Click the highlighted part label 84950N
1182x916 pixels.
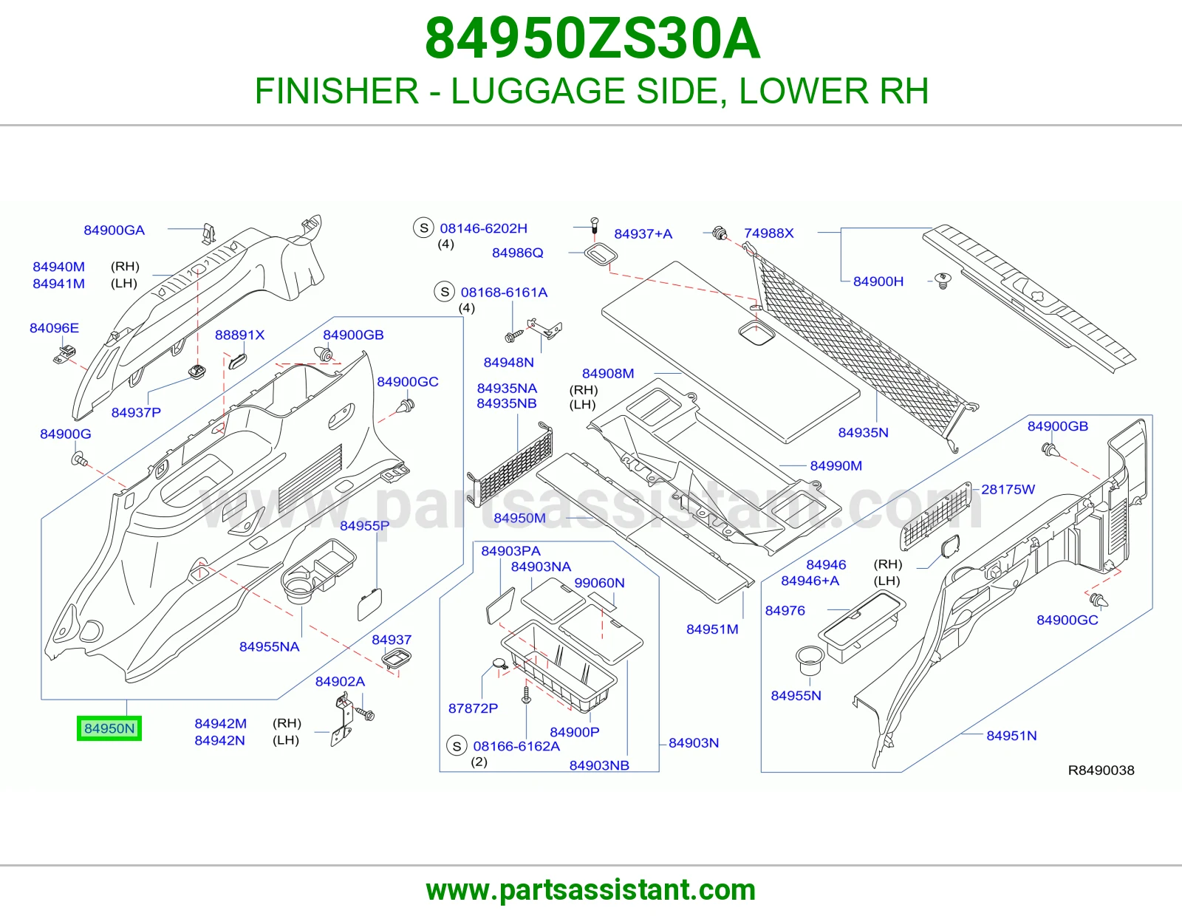pyautogui.click(x=109, y=728)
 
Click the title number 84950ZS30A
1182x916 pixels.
pyautogui.click(x=592, y=38)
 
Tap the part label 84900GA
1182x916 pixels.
pyautogui.click(x=115, y=230)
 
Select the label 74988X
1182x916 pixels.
pyautogui.click(x=768, y=233)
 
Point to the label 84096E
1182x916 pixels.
pyautogui.click(x=55, y=328)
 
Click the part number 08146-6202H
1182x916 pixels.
pyautogui.click(x=484, y=228)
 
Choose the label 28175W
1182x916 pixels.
pyautogui.click(x=1008, y=490)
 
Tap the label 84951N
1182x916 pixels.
pyautogui.click(x=1012, y=736)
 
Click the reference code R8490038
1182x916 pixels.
pyautogui.click(x=1101, y=770)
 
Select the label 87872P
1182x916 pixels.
pyautogui.click(x=474, y=708)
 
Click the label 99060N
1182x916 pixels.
pyautogui.click(x=599, y=583)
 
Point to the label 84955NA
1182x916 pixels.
pyautogui.click(x=269, y=647)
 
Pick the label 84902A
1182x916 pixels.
pyautogui.click(x=340, y=682)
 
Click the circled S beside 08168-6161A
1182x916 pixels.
pyautogui.click(x=445, y=292)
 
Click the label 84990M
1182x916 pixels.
pyautogui.click(x=836, y=466)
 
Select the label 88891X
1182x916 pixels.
pyautogui.click(x=240, y=335)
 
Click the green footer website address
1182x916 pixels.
pyautogui.click(x=591, y=890)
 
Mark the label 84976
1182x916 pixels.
pyautogui.click(x=785, y=611)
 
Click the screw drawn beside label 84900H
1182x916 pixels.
pyautogui.click(x=943, y=281)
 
